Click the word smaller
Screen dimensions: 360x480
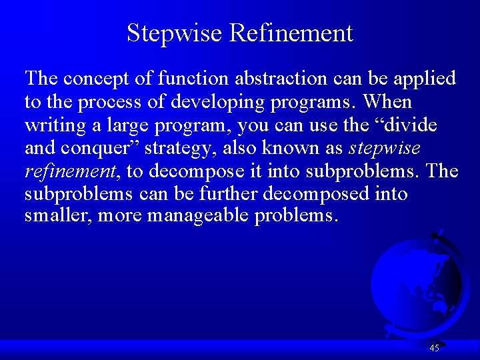point(51,217)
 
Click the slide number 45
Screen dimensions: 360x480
point(435,348)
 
